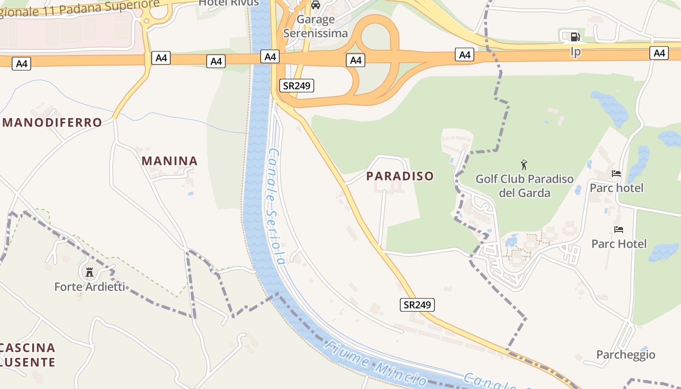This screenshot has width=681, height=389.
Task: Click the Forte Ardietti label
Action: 90,286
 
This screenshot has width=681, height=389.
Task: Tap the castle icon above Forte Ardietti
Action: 90,272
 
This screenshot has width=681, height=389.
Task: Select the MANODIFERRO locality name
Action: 53,122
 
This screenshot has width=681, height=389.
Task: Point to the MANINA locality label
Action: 170,161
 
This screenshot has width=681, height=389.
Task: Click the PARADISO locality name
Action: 400,176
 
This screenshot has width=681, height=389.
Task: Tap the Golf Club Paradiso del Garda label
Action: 524,186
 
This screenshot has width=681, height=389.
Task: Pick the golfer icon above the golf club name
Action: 524,165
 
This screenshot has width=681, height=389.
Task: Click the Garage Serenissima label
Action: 316,26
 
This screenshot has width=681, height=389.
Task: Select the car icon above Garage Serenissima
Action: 316,5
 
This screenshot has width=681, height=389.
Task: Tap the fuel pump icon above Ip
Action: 575,36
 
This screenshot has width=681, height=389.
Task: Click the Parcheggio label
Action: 626,354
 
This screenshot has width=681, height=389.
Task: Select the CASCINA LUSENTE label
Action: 28,355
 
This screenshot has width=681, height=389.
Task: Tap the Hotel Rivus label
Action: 229,3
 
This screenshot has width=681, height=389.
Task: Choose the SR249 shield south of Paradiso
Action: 417,305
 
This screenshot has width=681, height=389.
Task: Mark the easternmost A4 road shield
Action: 659,53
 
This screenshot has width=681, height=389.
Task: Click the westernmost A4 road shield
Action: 21,64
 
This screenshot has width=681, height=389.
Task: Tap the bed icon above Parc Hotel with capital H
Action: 619,230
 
